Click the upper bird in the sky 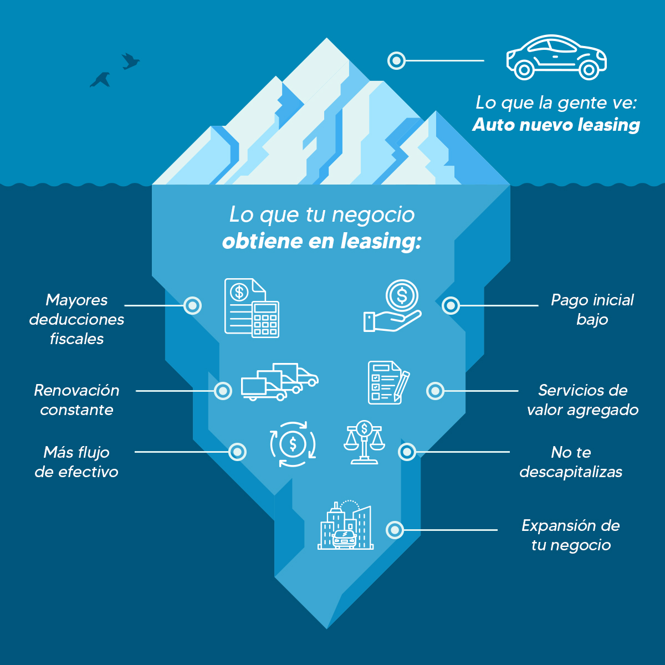point(130,61)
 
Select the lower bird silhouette point(100,80)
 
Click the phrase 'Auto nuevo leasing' point(556,125)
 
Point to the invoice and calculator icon point(252,308)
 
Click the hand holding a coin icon point(393,306)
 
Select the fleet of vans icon point(279,382)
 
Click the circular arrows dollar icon point(293,444)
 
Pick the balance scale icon point(364,442)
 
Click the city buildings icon point(346,526)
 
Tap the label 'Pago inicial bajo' point(592,310)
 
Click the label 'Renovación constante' point(76,400)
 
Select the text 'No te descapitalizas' point(571,462)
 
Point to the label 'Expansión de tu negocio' point(571,535)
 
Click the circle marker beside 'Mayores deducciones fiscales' point(192,305)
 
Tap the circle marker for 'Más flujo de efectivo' point(237,452)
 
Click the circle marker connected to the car point(396,60)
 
